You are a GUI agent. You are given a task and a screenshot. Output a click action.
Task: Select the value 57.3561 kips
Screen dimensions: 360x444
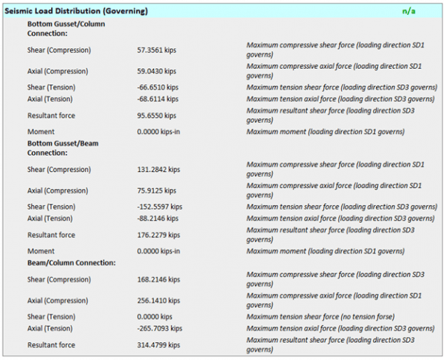pyautogui.click(x=157, y=50)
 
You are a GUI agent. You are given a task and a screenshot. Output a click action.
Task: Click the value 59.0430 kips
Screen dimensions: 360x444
pyautogui.click(x=157, y=72)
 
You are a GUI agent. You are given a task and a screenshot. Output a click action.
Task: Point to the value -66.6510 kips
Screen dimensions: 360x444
pyautogui.click(x=158, y=87)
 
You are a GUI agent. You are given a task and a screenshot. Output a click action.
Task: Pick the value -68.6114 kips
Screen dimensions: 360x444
pyautogui.click(x=158, y=99)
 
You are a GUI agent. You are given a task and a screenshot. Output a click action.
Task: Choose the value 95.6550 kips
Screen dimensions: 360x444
pyautogui.click(x=157, y=116)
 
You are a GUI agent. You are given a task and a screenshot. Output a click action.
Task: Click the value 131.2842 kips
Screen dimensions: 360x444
pyautogui.click(x=158, y=170)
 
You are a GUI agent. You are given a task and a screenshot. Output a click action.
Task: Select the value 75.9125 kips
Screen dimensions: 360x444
pyautogui.click(x=157, y=190)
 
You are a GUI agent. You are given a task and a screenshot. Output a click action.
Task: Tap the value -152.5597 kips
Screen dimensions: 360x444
pyautogui.click(x=159, y=207)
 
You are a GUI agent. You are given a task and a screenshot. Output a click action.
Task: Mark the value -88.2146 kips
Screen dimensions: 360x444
pyautogui.click(x=158, y=219)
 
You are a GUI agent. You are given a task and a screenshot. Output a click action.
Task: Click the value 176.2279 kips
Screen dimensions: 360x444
pyautogui.click(x=158, y=235)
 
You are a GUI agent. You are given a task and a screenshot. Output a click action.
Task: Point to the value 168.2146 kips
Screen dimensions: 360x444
pyautogui.click(x=158, y=279)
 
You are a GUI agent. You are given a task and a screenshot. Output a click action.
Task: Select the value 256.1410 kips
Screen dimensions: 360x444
pyautogui.click(x=158, y=301)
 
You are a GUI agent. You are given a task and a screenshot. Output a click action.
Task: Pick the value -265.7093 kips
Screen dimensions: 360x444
pyautogui.click(x=159, y=328)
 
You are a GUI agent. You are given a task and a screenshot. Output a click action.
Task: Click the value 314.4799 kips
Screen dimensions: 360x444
pyautogui.click(x=158, y=345)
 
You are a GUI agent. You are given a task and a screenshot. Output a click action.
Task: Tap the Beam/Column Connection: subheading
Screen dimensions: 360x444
pyautogui.click(x=70, y=262)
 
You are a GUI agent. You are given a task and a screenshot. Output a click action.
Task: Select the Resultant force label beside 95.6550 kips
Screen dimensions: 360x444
pyautogui.click(x=51, y=116)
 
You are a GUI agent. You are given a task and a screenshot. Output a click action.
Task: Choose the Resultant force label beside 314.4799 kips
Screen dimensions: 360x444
pyautogui.click(x=51, y=345)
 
